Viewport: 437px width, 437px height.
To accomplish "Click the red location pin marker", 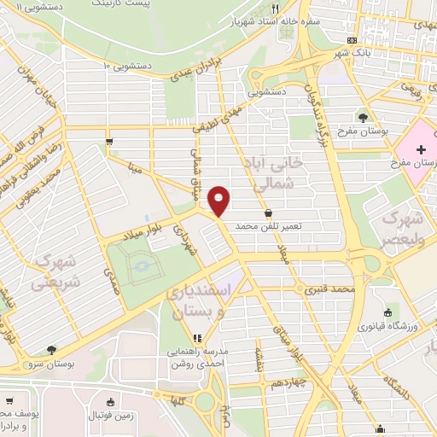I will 219,200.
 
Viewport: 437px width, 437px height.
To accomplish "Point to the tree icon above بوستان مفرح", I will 364,116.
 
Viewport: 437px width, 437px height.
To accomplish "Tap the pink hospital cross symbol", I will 421,150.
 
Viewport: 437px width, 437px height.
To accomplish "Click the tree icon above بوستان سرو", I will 52,349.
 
